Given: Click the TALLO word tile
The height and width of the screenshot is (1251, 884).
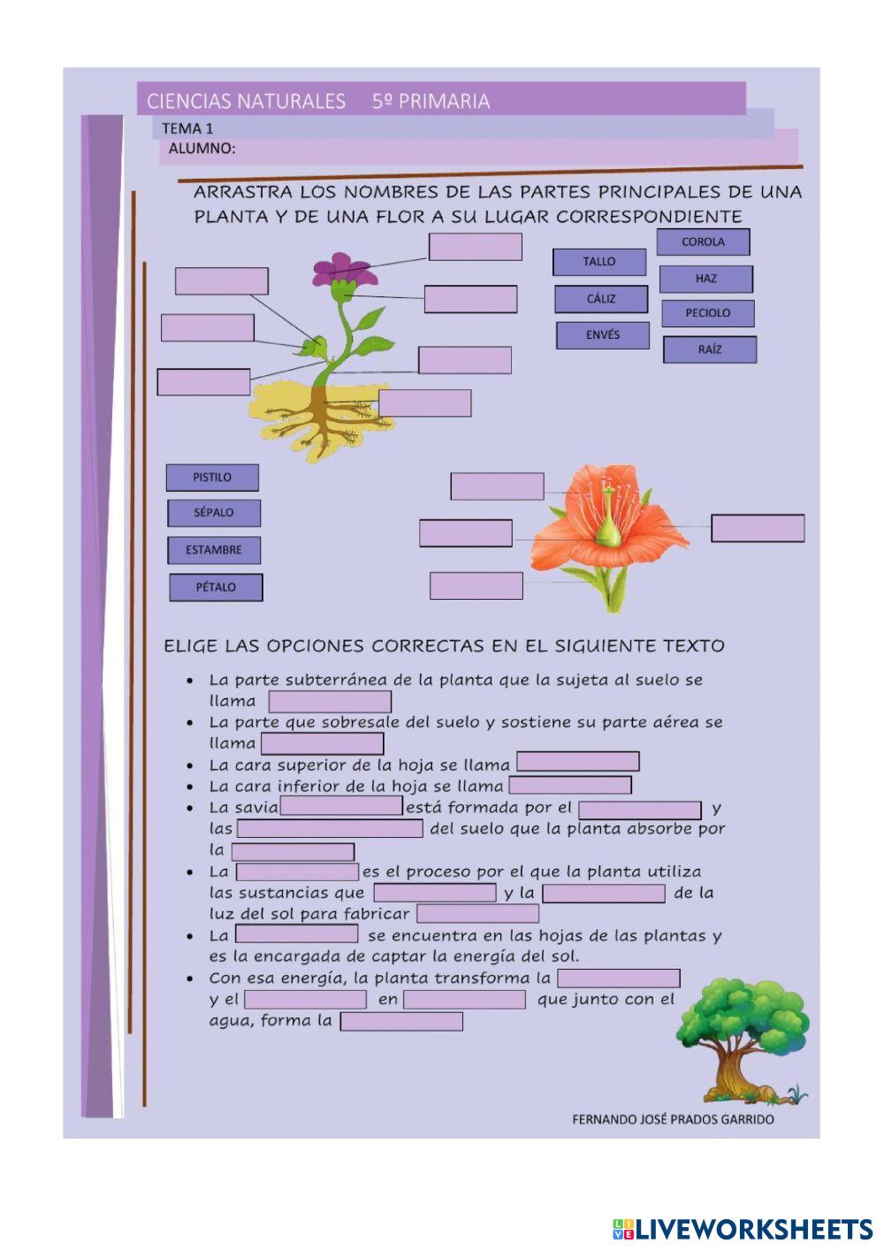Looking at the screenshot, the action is click(599, 262).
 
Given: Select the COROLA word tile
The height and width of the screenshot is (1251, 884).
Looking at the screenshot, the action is click(703, 242).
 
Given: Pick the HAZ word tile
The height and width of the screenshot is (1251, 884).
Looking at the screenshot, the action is click(705, 279).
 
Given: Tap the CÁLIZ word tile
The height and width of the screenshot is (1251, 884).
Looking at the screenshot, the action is click(601, 299).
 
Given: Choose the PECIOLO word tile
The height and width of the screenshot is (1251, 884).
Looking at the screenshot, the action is click(708, 313).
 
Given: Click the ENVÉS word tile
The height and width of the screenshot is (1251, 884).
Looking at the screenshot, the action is click(603, 335).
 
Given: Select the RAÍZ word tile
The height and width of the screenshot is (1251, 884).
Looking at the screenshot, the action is click(710, 349).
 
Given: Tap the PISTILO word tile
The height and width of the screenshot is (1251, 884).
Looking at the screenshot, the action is click(212, 478).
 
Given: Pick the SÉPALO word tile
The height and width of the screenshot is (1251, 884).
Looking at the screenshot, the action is click(214, 513).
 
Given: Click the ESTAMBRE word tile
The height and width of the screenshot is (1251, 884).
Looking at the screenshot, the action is click(214, 550).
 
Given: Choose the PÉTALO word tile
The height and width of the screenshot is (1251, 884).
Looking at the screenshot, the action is click(216, 587).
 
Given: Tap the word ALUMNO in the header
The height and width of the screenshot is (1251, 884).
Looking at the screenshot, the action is click(202, 149).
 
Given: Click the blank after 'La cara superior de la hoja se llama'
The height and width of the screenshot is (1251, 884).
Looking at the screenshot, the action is click(577, 762).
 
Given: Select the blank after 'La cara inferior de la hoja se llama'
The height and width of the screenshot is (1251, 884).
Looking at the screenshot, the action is click(570, 786).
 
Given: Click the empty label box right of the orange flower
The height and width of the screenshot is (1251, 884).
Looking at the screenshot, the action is click(758, 528).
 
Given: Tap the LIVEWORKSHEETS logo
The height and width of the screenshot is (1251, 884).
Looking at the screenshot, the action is click(743, 1228).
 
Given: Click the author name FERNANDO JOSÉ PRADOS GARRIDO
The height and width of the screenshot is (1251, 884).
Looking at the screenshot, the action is click(673, 1119).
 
